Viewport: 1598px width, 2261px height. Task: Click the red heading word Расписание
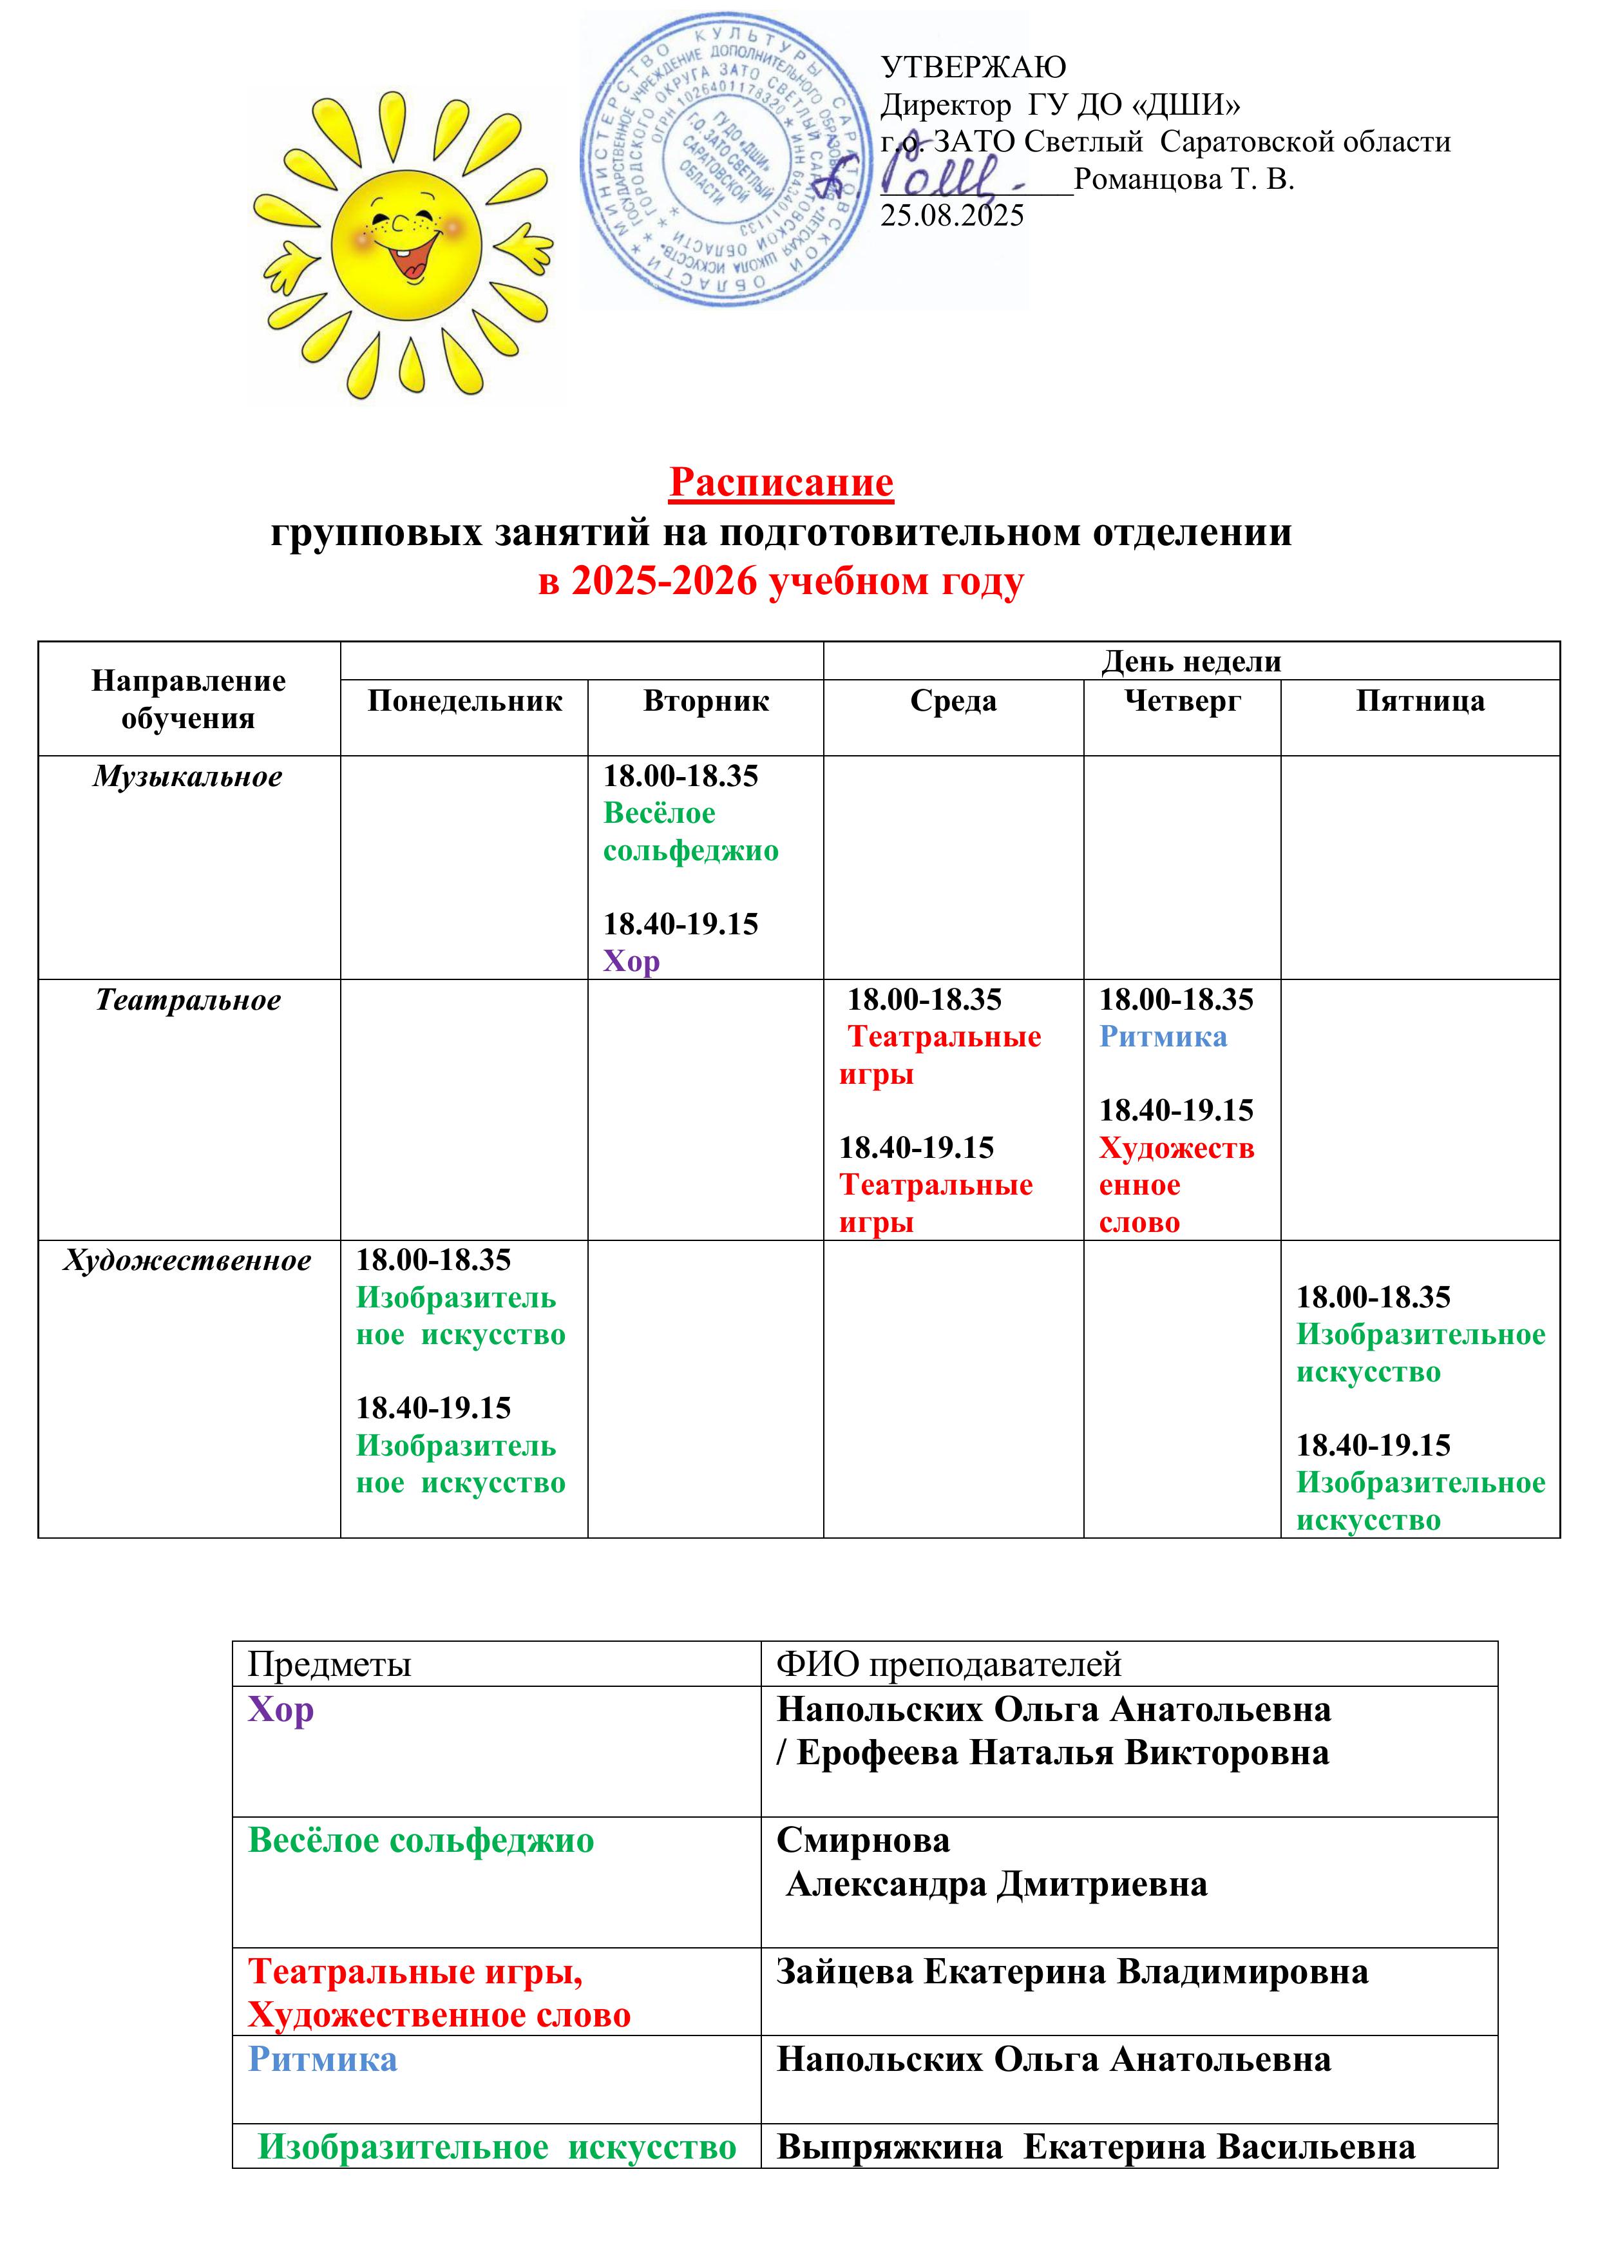pos(781,483)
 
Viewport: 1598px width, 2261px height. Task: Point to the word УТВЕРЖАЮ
pos(973,67)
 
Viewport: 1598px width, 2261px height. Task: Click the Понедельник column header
pos(465,701)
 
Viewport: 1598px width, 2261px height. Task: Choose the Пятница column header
pos(1420,701)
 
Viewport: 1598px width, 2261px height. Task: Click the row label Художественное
pos(188,1260)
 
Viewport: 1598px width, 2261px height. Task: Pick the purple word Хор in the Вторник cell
pos(631,961)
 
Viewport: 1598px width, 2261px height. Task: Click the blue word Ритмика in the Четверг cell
pos(1163,1037)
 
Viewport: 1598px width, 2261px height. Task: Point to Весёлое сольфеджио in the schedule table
pos(690,832)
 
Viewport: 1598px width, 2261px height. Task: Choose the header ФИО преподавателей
pos(948,1664)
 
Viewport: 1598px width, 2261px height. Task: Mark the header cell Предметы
pos(329,1664)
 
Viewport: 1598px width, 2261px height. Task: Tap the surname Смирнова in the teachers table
pos(862,1840)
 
